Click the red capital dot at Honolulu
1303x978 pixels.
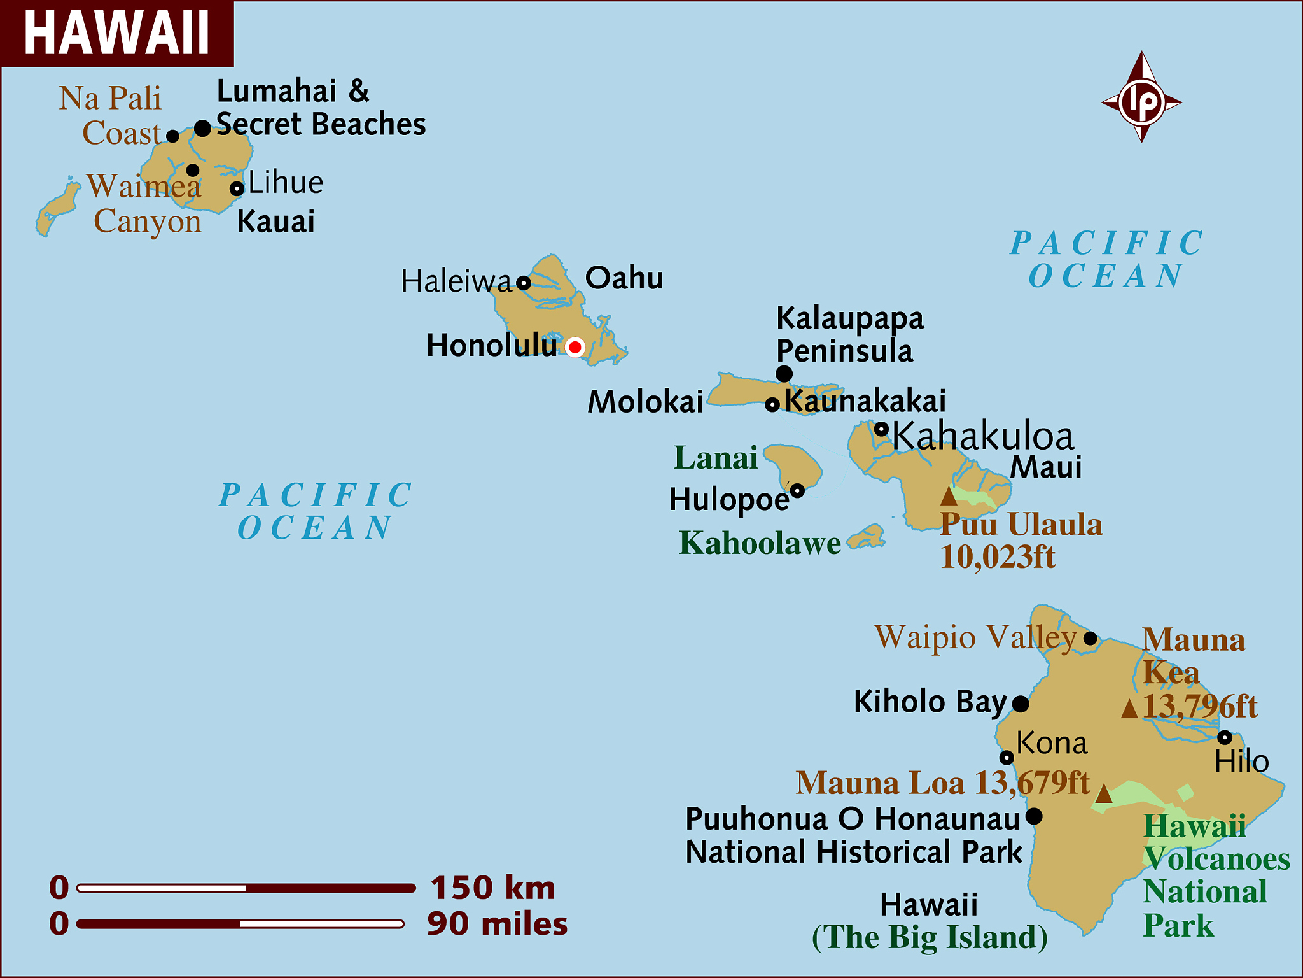coord(575,347)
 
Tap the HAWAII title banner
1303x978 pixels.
coord(117,33)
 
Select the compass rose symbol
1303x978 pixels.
coord(1142,99)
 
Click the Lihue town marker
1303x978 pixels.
coord(237,188)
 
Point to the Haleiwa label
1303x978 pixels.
coord(456,281)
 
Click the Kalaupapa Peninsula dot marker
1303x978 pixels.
coord(784,374)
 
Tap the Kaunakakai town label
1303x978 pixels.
coord(865,401)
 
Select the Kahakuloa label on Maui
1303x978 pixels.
coord(983,436)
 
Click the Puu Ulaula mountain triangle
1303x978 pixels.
coord(949,496)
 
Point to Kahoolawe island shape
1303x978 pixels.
coord(867,538)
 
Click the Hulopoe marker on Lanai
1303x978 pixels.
coord(797,490)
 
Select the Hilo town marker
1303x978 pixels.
coord(1225,738)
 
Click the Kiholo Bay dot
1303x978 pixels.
coord(1021,704)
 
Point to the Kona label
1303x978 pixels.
coord(1052,743)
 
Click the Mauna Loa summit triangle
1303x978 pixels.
coord(1104,793)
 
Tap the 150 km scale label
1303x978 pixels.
coord(492,888)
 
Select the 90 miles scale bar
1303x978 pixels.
coord(240,924)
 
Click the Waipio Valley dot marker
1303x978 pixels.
coord(1090,638)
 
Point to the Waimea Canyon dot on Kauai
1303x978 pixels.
coord(193,170)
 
